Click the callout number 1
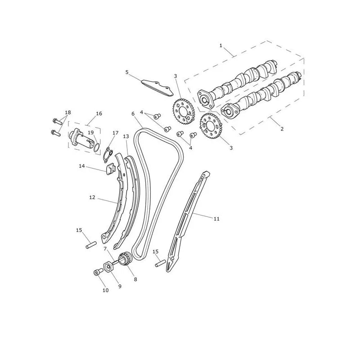tap(221, 45)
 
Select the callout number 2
tap(282, 129)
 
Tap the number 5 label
tap(127, 72)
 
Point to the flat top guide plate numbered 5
tap(157, 88)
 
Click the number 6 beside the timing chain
tap(133, 114)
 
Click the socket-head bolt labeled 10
tap(98, 272)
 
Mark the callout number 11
tap(216, 219)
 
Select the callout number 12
tap(92, 198)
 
